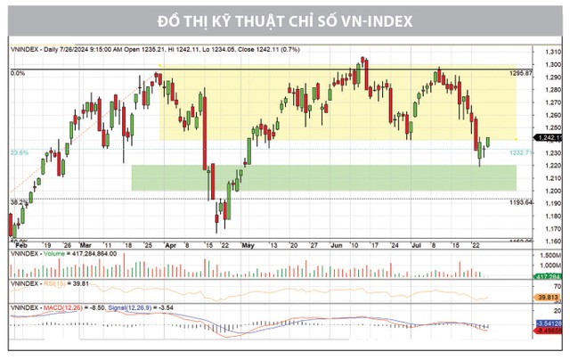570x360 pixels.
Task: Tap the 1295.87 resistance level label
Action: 533,72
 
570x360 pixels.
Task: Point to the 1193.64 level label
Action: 533,202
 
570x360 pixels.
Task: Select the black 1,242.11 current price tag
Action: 553,139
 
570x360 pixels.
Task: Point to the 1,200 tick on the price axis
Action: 553,191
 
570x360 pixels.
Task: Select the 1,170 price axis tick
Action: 553,228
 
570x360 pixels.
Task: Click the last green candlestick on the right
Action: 488,141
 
